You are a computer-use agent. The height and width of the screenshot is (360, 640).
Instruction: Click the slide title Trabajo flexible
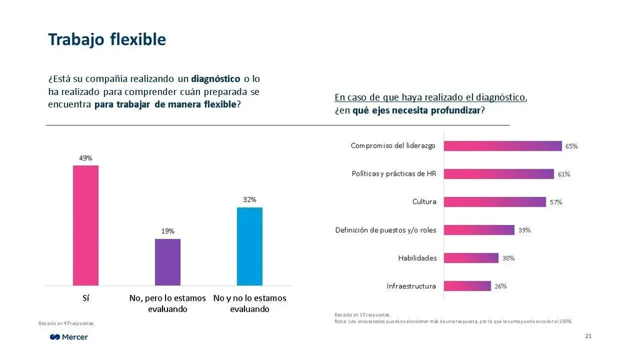coord(107,40)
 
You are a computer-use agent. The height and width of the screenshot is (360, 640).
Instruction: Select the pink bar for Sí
coord(86,225)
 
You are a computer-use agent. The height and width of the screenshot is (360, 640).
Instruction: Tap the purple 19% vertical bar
coord(167,262)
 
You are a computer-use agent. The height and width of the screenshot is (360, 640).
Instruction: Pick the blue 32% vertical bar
coord(249,246)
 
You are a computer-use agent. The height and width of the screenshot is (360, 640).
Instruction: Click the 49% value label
coord(86,158)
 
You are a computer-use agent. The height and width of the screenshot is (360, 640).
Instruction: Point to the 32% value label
coord(249,200)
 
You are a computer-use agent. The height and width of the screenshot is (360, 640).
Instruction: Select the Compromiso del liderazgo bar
coord(502,146)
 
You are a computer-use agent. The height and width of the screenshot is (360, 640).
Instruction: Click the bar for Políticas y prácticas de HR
coord(499,174)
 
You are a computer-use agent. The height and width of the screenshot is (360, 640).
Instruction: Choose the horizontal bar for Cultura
coord(494,202)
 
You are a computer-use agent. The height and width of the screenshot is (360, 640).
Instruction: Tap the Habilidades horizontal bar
coord(471,257)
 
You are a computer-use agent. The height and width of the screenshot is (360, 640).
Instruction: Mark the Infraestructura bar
coord(467,286)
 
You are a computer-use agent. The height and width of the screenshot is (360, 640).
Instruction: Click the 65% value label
coord(571,146)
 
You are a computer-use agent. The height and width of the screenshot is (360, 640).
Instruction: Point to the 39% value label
coord(524,230)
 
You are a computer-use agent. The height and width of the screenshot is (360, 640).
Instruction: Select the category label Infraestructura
coord(411,286)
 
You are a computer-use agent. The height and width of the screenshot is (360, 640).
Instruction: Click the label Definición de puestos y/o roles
coord(386,230)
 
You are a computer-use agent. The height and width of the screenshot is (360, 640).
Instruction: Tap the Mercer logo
coord(69,337)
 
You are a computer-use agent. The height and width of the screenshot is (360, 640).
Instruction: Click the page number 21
coord(588,337)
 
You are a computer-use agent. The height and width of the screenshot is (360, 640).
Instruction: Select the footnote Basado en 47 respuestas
coord(66,323)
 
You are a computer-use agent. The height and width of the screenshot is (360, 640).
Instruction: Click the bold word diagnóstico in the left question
coord(216,79)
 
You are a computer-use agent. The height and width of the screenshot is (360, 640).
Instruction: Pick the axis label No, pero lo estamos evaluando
coord(167,304)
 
